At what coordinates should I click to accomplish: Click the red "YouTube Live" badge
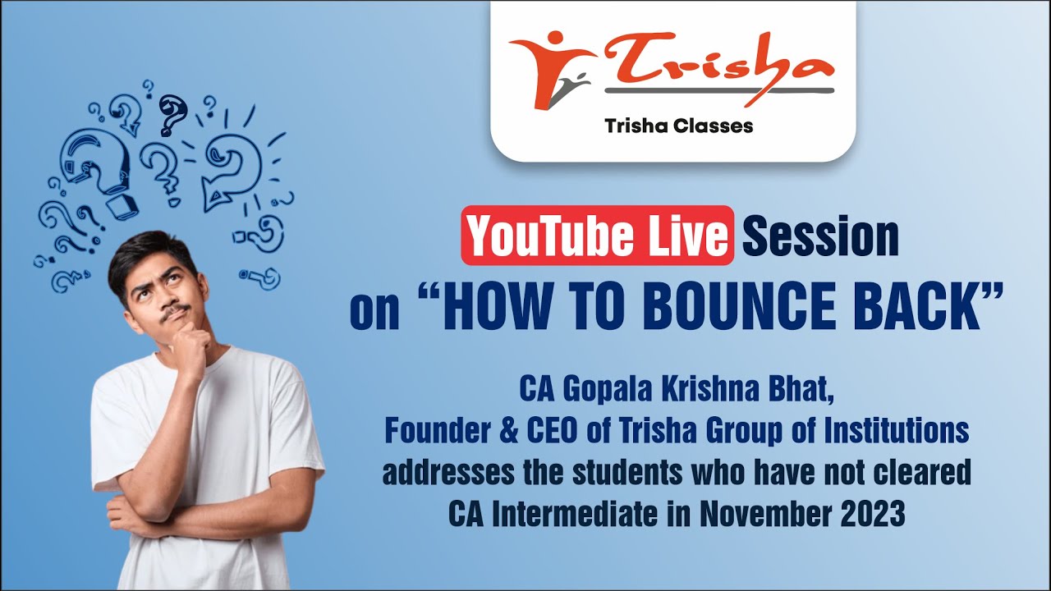[x=597, y=236]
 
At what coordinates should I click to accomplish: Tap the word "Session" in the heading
[x=820, y=236]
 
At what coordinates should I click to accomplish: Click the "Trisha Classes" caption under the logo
[x=678, y=126]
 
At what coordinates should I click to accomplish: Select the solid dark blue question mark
[x=171, y=114]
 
